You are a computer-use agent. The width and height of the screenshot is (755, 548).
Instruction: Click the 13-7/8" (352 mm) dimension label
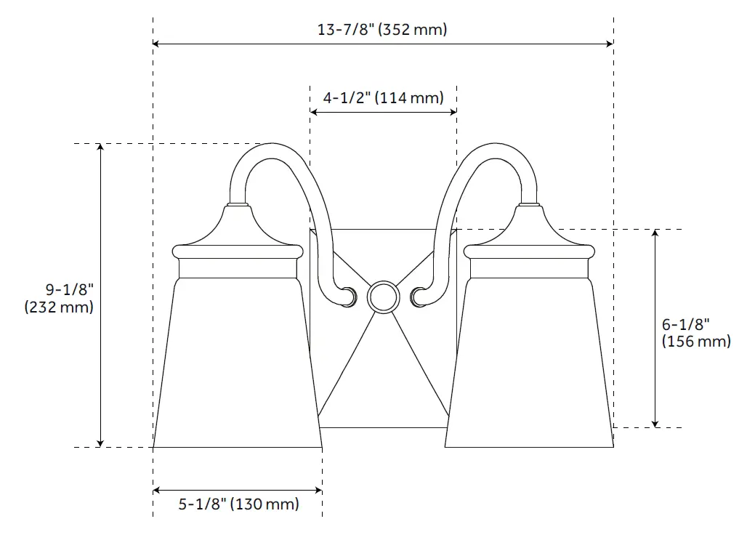click(x=382, y=30)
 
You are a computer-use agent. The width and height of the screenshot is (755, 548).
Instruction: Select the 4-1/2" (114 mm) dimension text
click(x=383, y=97)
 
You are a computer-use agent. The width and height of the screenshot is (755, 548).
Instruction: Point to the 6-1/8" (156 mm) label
click(x=696, y=333)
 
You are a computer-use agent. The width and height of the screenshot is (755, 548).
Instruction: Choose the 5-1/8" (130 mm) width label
click(x=238, y=504)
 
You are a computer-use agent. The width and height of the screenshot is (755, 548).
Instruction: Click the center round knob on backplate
click(x=383, y=297)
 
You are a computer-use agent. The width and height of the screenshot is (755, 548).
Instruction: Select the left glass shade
click(x=238, y=363)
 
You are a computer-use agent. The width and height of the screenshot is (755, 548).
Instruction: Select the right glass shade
click(x=529, y=363)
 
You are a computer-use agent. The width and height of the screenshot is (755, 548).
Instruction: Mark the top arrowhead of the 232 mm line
click(x=100, y=148)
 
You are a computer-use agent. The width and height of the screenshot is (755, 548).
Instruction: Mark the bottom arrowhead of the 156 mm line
click(x=655, y=423)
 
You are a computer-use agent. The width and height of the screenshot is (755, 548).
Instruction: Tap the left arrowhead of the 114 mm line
click(x=314, y=111)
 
